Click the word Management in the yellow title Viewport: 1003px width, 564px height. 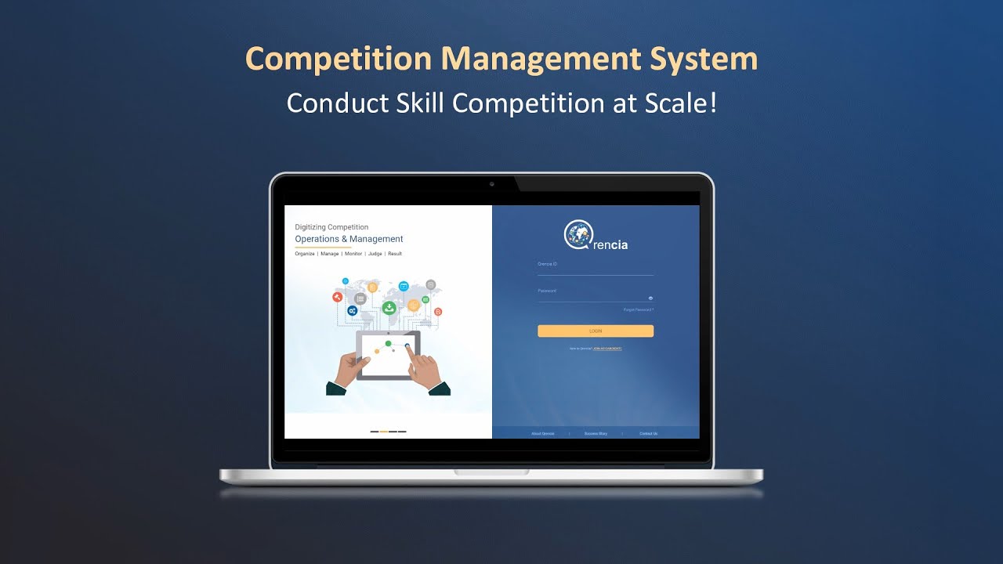(527, 60)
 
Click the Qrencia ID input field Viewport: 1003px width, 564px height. (596, 270)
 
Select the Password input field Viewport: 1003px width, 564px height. (592, 297)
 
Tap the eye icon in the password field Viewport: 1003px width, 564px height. (650, 298)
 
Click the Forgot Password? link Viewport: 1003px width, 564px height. (638, 310)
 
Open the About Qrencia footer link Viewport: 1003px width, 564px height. (542, 433)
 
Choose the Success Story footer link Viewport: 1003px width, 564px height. (596, 433)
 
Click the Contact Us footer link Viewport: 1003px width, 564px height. (648, 433)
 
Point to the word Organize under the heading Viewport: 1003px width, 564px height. (305, 254)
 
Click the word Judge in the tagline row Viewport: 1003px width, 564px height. (375, 254)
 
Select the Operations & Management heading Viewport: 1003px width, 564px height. (349, 239)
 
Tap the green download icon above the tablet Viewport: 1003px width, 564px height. (388, 308)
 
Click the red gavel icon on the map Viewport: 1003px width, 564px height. (337, 297)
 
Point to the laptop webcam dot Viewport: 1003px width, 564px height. (491, 184)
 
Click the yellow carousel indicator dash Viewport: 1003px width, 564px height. (384, 432)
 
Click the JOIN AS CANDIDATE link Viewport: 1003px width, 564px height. (607, 348)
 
